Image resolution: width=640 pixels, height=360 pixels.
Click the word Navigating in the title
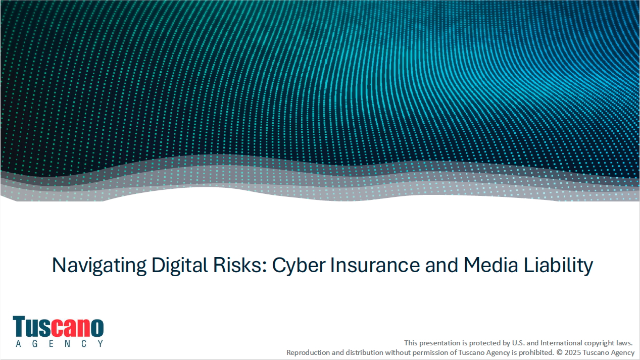pos(99,266)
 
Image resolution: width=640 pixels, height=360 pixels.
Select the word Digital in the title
pos(179,266)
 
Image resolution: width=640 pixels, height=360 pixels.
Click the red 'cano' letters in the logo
pos(77,327)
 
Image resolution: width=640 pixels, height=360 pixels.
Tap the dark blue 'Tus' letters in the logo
pos(32,326)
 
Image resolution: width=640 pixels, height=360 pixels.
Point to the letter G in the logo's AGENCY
pos(35,344)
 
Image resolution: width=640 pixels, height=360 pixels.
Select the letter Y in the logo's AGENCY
pos(101,344)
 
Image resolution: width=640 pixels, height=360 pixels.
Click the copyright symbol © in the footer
pos(559,352)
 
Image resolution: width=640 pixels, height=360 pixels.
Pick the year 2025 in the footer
pos(573,352)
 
